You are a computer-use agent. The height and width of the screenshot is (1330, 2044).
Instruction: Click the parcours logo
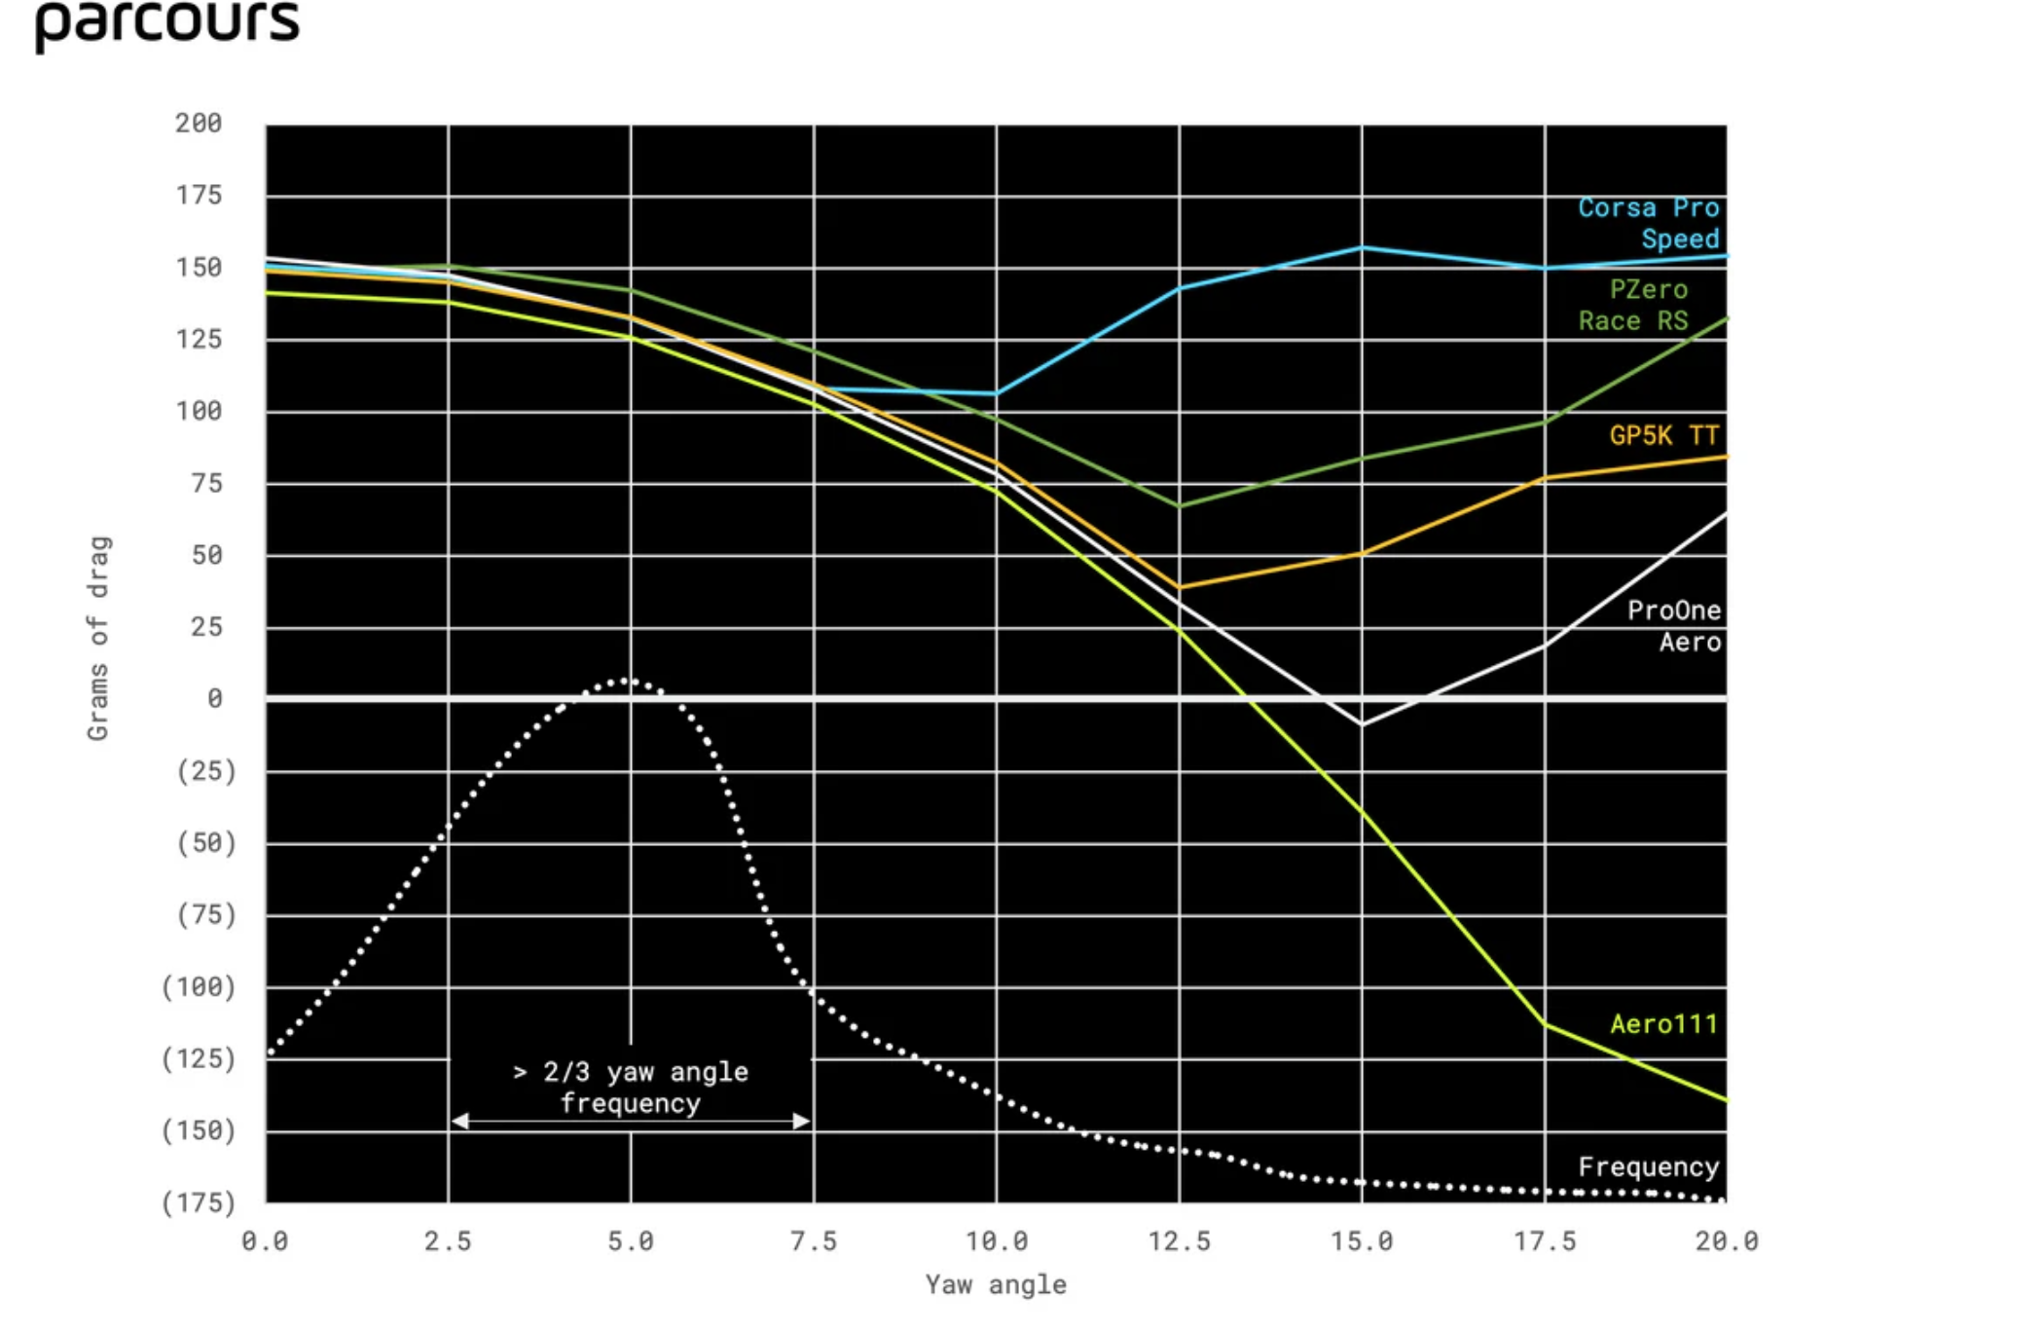pos(166,24)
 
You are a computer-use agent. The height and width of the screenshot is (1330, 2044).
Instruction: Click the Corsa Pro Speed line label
pos(1648,223)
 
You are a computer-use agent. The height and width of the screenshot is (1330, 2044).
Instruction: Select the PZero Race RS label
pos(1634,305)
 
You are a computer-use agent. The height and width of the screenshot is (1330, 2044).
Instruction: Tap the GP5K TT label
pos(1663,435)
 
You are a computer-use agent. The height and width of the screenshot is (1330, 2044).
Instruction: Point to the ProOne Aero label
pos(1674,626)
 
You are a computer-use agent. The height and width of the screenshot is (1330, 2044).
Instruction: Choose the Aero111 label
pos(1663,1023)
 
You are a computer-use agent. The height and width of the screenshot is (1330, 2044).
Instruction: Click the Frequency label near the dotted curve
pos(1648,1166)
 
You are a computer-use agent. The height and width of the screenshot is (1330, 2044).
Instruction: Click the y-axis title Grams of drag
pos(98,638)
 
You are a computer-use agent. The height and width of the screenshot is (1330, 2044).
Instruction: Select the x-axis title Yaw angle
pos(995,1285)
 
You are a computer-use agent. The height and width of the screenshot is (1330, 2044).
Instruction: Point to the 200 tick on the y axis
pos(199,124)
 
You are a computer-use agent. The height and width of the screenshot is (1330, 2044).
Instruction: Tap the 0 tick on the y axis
pos(214,699)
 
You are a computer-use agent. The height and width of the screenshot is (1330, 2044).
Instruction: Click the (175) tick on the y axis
pos(199,1202)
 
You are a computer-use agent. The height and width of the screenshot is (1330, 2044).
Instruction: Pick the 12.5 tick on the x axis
pos(1179,1241)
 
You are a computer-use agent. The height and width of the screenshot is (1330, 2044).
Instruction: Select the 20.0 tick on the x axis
pos(1727,1241)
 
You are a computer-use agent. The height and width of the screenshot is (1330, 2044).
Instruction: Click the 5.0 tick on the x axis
pos(631,1241)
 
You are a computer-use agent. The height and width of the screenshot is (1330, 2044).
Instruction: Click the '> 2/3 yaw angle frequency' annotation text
pos(631,1087)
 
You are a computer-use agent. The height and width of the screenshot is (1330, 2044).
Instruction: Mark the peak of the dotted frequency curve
pos(629,682)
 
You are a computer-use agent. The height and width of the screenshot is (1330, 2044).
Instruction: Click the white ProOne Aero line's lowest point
pos(1362,724)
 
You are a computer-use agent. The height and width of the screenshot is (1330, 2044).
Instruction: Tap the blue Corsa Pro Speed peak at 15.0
pos(1362,248)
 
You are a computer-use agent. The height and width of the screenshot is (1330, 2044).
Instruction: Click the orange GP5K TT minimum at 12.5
pos(1180,587)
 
